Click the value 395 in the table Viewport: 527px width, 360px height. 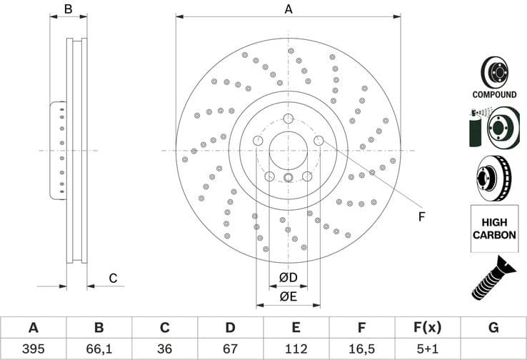click(33, 349)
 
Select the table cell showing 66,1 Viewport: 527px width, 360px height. click(99, 349)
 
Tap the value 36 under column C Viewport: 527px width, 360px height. click(164, 349)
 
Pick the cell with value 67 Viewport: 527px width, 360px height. click(230, 349)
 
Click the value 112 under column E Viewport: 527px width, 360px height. click(296, 349)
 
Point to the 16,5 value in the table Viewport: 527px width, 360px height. click(361, 349)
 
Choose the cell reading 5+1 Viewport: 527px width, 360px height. click(427, 349)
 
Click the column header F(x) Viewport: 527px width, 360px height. click(427, 328)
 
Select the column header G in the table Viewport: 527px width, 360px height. click(493, 328)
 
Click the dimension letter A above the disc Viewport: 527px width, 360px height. click(288, 9)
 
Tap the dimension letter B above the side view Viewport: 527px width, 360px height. click(69, 9)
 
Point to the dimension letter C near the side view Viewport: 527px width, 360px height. click(113, 279)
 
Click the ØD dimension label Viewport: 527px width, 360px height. click(288, 276)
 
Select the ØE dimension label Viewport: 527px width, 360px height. click(288, 296)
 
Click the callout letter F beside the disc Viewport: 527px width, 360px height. click(421, 216)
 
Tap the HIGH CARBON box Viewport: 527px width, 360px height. click(494, 229)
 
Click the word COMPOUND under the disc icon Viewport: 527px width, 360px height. click(494, 94)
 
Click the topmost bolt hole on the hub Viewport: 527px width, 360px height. click(288, 119)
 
